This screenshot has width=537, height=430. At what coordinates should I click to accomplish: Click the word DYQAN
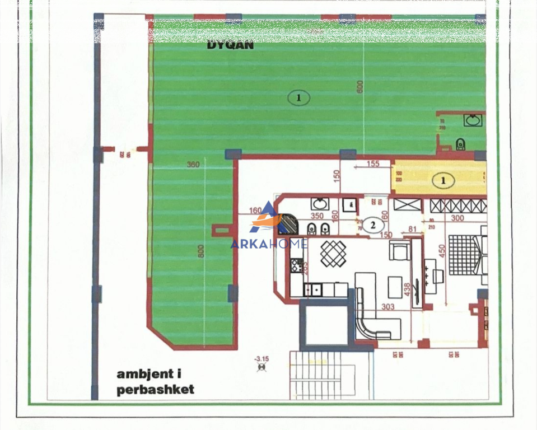point(230,45)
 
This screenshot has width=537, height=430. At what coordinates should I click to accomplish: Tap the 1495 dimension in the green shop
point(314,31)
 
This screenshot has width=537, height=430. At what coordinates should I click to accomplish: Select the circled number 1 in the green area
point(298,98)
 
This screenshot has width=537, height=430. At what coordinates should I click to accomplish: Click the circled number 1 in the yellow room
point(443,180)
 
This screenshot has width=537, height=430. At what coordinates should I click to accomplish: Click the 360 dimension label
point(193,165)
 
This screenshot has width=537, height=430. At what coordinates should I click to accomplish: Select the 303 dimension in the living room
point(387,306)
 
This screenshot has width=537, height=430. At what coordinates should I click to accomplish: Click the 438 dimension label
point(407,289)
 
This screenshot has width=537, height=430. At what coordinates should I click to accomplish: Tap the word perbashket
point(155,390)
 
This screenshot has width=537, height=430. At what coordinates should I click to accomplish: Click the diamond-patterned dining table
point(333,253)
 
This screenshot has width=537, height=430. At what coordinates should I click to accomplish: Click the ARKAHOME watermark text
point(269,244)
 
